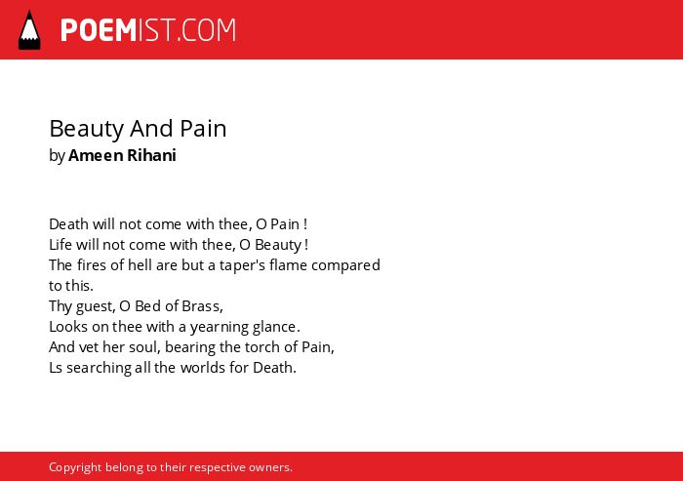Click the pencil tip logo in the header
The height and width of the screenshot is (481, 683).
(x=29, y=30)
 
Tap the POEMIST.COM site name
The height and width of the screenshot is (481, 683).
(x=148, y=30)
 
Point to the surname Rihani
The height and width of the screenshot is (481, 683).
(x=151, y=155)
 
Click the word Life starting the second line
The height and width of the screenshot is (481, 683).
(x=60, y=245)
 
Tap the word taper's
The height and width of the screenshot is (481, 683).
(x=242, y=265)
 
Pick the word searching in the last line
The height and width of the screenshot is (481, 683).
(x=99, y=368)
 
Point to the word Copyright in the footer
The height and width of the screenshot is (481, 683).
(x=75, y=467)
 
